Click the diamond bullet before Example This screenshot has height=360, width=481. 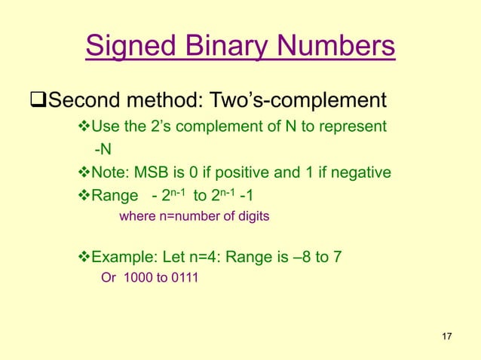coord(84,257)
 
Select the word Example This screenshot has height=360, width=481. coord(121,257)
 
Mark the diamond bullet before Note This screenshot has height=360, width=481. coord(84,172)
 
